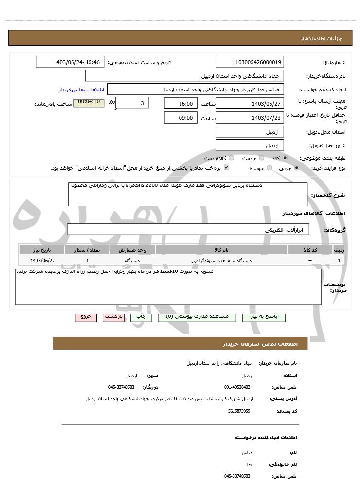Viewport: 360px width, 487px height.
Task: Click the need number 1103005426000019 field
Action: coord(250,62)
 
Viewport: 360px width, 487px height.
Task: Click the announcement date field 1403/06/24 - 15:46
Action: coord(70,62)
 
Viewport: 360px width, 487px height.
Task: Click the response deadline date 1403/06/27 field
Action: coord(250,104)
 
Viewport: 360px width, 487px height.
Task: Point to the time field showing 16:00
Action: coord(180,104)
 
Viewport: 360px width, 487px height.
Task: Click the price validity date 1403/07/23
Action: coord(250,118)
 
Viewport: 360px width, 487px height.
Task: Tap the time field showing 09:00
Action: coord(180,118)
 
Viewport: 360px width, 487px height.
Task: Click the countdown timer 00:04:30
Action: coord(89,102)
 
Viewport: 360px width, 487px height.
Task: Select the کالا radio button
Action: coord(285,158)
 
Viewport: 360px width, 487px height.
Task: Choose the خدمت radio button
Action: coord(261,158)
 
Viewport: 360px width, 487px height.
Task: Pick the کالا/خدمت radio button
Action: coord(231,158)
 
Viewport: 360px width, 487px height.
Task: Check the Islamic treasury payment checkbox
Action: coord(226,168)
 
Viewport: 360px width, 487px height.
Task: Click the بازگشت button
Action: coord(113,317)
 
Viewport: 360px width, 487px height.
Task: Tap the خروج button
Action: coord(86,317)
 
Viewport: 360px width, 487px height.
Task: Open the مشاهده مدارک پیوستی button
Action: coord(197,317)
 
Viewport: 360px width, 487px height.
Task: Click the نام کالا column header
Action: coord(221,250)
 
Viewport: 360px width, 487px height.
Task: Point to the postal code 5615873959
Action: coord(239,411)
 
